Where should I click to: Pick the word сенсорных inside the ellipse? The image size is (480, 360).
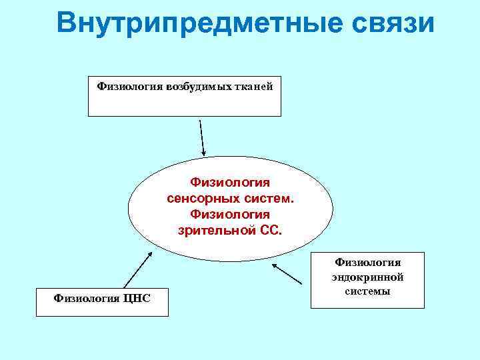click(x=205, y=199)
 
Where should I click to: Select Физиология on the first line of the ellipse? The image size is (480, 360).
click(x=230, y=182)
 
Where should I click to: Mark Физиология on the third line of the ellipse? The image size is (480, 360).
click(x=230, y=214)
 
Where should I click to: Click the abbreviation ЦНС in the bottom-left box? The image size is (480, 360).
click(x=137, y=297)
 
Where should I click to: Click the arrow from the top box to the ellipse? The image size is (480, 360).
click(x=203, y=137)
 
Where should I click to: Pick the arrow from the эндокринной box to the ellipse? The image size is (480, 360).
click(x=291, y=273)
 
